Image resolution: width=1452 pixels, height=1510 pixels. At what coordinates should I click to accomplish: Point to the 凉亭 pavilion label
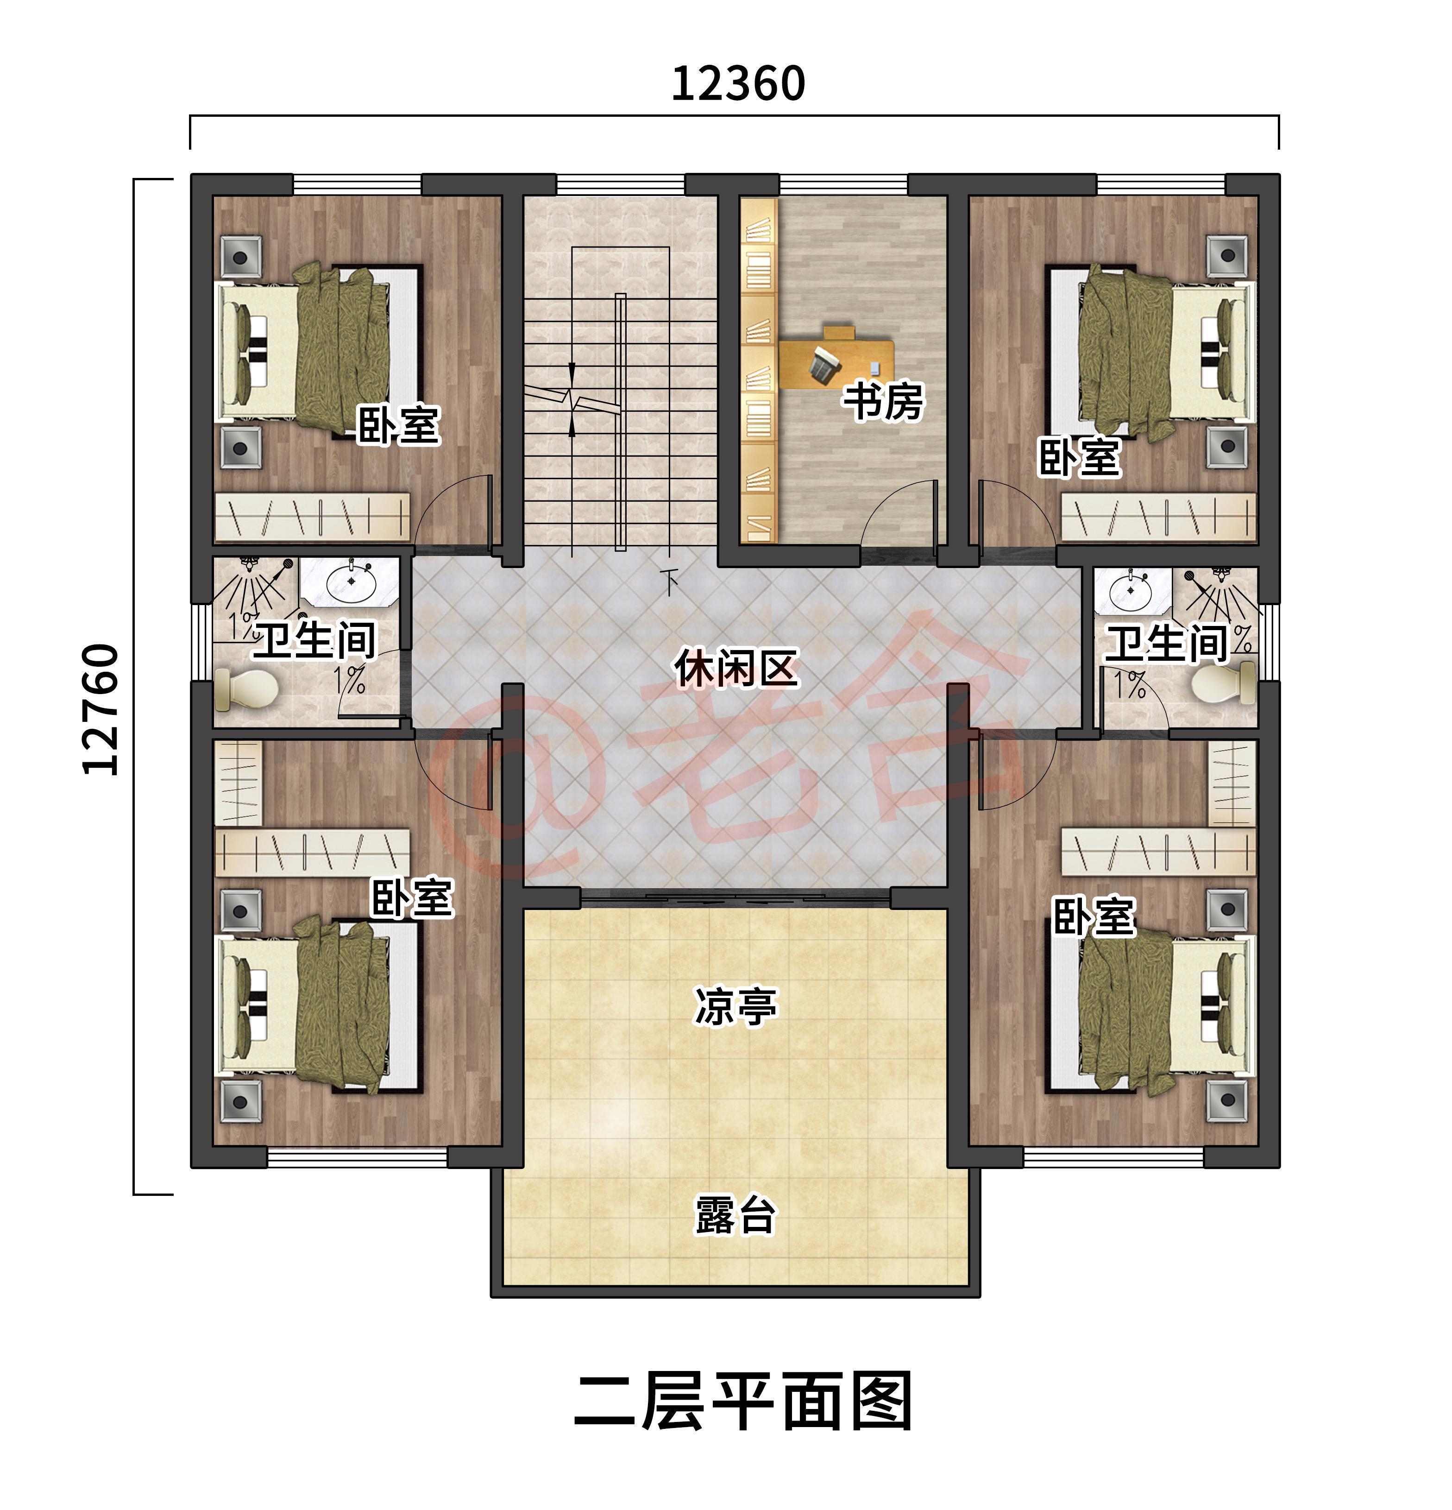[735, 1005]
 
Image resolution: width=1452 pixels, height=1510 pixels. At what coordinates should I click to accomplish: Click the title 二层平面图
[742, 1402]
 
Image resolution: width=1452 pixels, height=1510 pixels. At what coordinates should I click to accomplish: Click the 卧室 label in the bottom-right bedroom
[1094, 917]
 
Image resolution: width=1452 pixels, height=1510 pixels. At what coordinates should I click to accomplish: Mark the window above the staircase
[620, 185]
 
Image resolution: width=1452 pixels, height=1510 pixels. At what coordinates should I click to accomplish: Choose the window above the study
[843, 185]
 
